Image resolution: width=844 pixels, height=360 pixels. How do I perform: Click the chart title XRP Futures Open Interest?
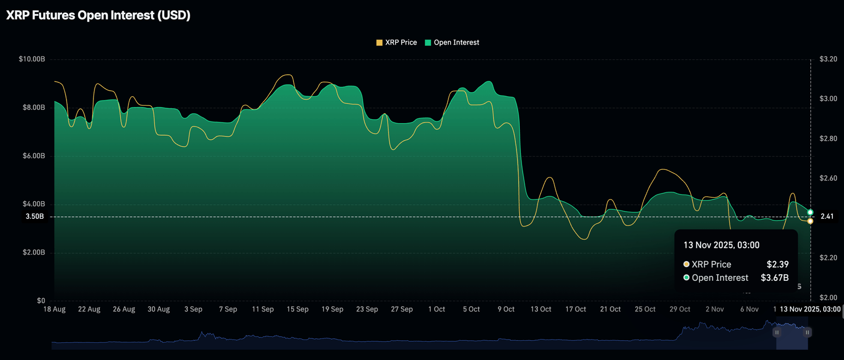pyautogui.click(x=98, y=16)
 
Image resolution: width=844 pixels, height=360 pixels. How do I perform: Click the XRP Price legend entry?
pyautogui.click(x=396, y=42)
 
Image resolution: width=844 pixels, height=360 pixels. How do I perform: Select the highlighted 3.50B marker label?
pyautogui.click(x=35, y=217)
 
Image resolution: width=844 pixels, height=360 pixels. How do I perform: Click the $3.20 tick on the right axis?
pyautogui.click(x=828, y=59)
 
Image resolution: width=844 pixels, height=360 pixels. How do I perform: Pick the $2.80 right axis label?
pyautogui.click(x=828, y=139)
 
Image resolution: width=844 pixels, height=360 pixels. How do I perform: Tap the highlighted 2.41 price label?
pyautogui.click(x=827, y=217)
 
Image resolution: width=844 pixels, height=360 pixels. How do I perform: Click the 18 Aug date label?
pyautogui.click(x=54, y=309)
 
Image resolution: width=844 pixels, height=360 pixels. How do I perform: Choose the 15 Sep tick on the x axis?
pyautogui.click(x=298, y=309)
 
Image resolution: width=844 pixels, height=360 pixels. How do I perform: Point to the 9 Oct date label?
pyautogui.click(x=506, y=309)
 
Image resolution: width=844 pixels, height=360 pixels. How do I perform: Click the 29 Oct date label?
pyautogui.click(x=680, y=309)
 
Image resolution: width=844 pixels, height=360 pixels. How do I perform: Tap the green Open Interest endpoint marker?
pyautogui.click(x=810, y=212)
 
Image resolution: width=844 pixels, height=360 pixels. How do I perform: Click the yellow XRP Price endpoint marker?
pyautogui.click(x=810, y=221)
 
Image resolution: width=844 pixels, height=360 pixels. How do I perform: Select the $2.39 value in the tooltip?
pyautogui.click(x=778, y=264)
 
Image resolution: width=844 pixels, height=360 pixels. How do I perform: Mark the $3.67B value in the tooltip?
pyautogui.click(x=774, y=278)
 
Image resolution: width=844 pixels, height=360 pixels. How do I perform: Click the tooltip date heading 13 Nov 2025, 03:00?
pyautogui.click(x=721, y=245)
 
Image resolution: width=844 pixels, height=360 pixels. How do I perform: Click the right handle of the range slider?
pyautogui.click(x=808, y=333)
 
